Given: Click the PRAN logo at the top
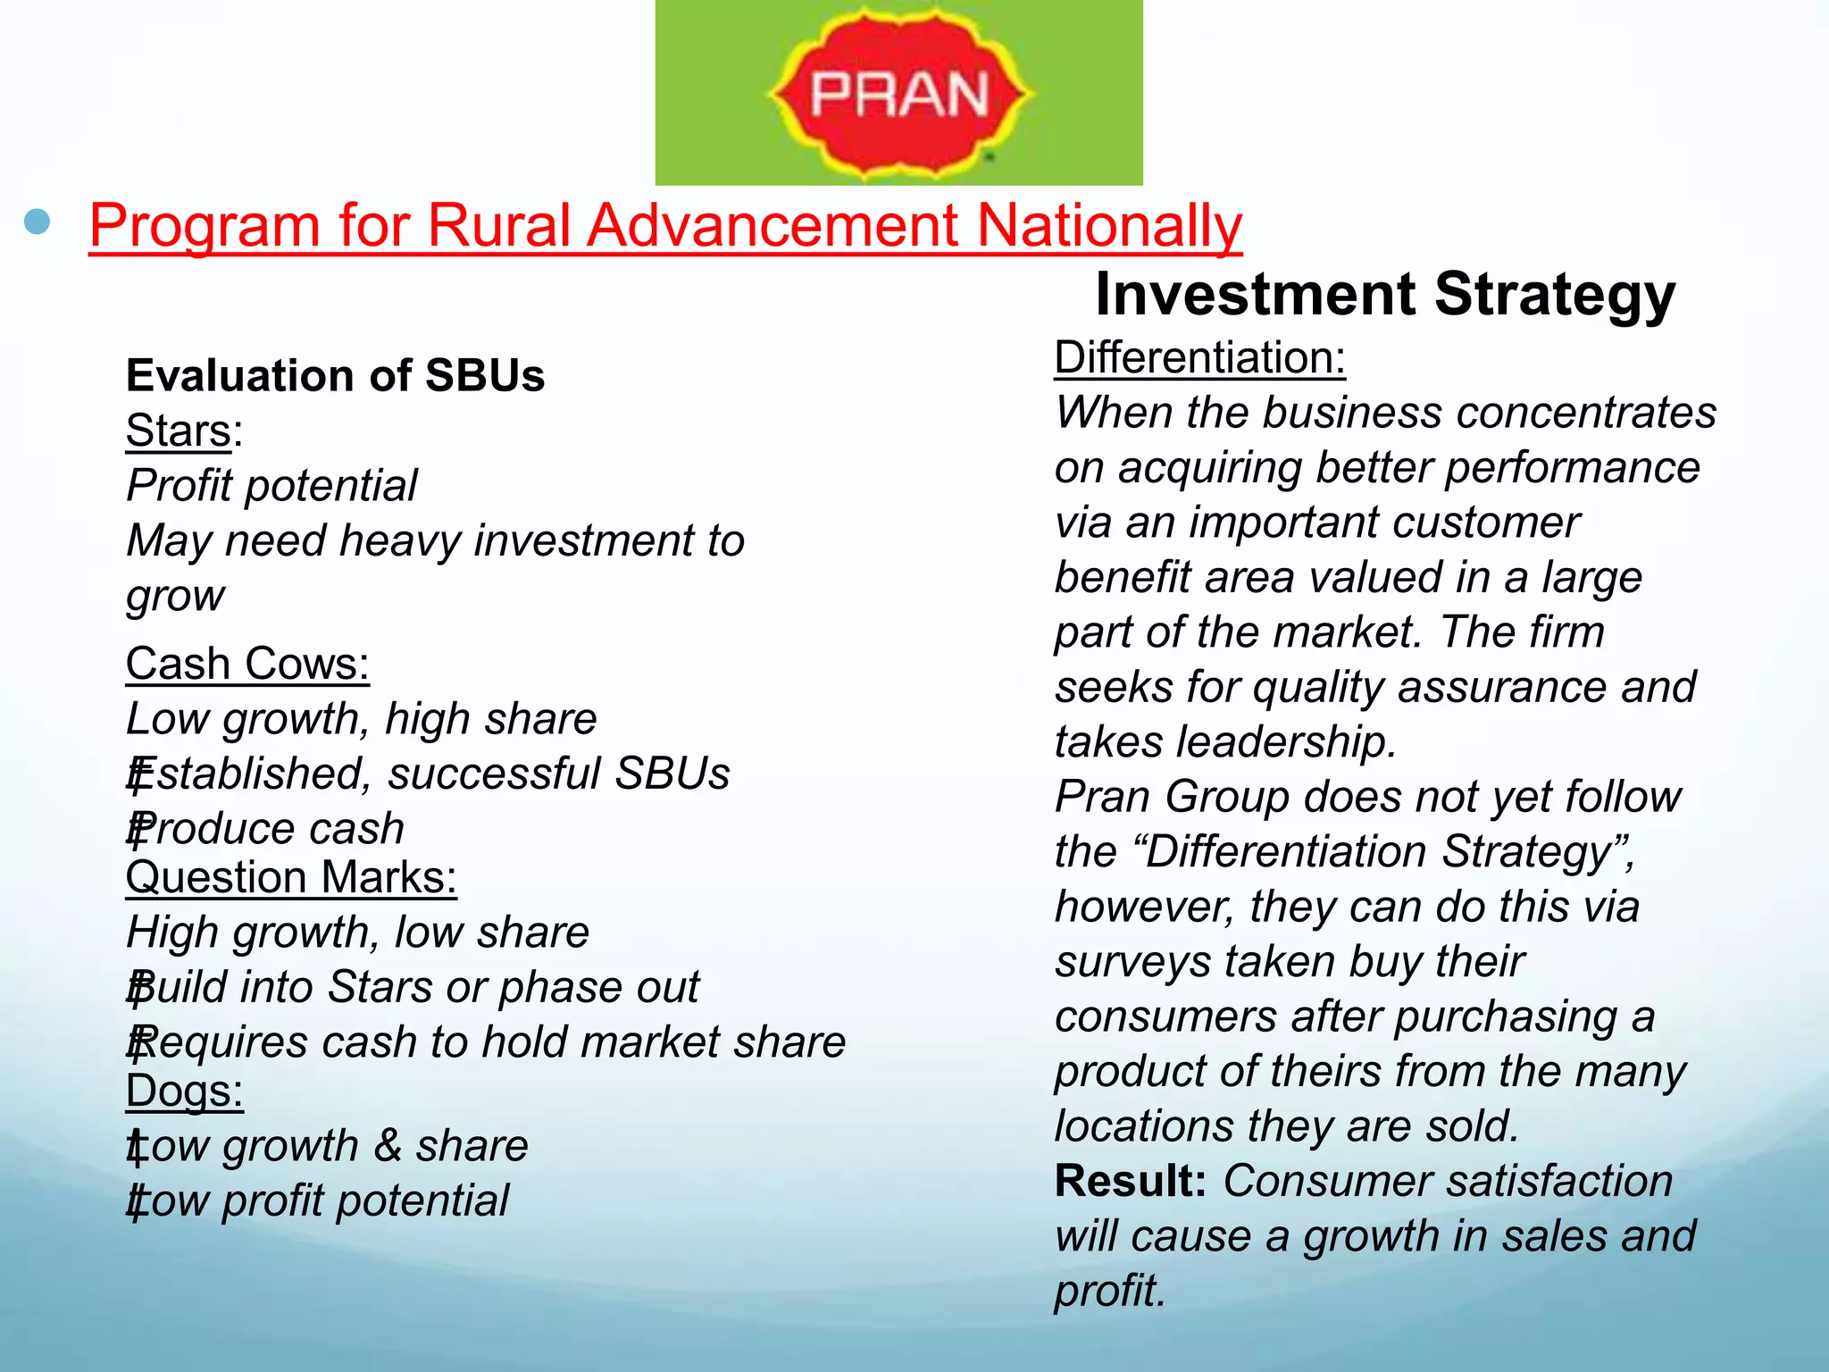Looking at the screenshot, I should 898,93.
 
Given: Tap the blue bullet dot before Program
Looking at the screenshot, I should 38,222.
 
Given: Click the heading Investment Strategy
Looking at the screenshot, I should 1384,294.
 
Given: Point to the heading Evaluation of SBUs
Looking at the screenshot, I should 335,375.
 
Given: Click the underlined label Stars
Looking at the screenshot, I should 179,431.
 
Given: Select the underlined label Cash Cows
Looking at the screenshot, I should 247,664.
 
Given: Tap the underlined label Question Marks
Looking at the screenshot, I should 291,877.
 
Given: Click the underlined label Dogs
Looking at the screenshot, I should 184,1091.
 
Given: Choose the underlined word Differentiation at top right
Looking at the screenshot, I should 1199,357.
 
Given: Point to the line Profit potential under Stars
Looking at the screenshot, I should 271,486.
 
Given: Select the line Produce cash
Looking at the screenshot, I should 266,829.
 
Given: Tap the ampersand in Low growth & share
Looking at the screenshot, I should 388,1146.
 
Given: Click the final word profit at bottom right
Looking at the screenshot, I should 1109,1292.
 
